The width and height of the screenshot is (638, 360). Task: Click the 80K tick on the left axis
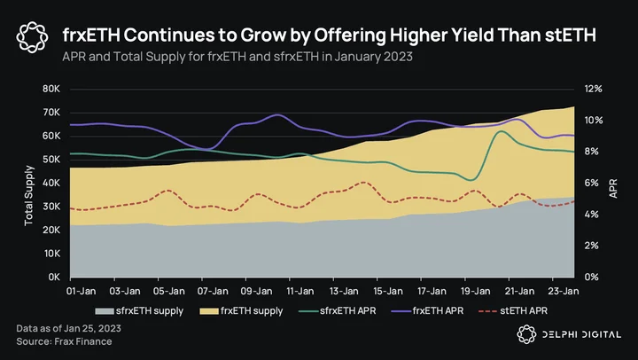(51, 89)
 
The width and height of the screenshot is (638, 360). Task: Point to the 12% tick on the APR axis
(593, 89)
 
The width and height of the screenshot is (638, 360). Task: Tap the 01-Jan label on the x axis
(81, 291)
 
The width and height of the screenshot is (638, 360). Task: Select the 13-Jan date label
(344, 291)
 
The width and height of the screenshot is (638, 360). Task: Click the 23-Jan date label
(564, 291)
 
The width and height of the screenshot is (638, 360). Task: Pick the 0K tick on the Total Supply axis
(54, 277)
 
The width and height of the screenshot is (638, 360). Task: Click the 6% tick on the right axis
(591, 183)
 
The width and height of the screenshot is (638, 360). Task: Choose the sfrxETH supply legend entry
(139, 311)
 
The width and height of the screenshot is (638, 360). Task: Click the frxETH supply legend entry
(241, 311)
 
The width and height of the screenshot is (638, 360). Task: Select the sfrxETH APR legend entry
(338, 311)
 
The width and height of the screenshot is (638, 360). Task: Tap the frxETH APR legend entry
(427, 311)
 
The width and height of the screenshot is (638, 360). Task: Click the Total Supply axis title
(28, 195)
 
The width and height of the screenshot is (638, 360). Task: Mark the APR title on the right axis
(613, 189)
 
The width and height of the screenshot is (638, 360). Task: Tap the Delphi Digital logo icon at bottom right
(526, 334)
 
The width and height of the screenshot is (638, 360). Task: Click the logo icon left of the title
(32, 37)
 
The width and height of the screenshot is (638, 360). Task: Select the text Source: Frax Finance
(64, 341)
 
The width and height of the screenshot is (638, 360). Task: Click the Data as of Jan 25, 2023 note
(68, 328)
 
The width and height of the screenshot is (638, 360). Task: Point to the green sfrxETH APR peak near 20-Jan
(501, 131)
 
